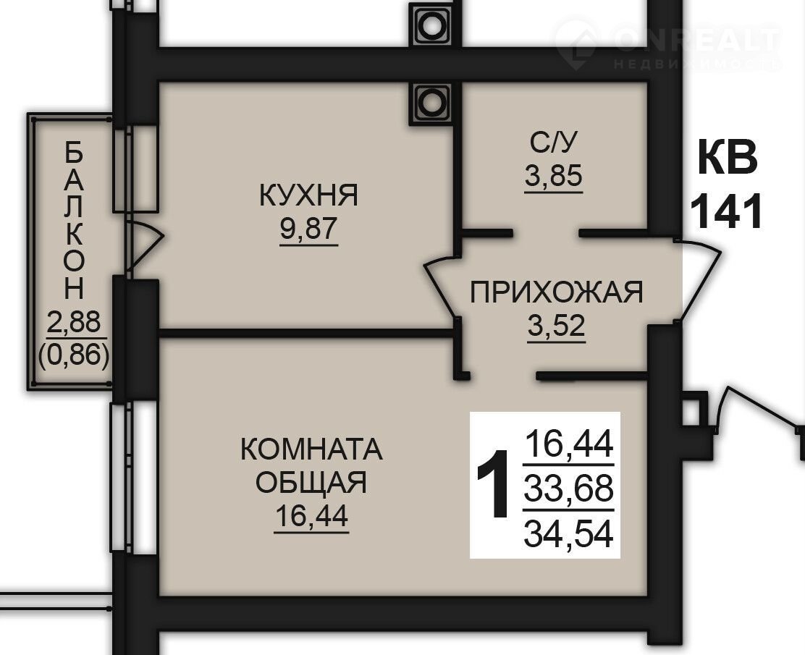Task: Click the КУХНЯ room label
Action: point(308,195)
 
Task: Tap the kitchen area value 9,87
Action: point(308,229)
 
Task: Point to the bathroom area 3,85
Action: point(553,176)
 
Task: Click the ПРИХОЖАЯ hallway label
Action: point(557,292)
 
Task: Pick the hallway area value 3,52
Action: point(557,325)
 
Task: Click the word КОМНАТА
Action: point(311,449)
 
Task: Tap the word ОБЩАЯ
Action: point(311,482)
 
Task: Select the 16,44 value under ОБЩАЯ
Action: point(311,516)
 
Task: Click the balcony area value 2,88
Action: point(73,322)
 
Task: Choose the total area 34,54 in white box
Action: point(568,534)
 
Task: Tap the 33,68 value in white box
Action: point(568,489)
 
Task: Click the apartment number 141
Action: point(726,211)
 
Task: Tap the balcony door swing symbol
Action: point(145,245)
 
